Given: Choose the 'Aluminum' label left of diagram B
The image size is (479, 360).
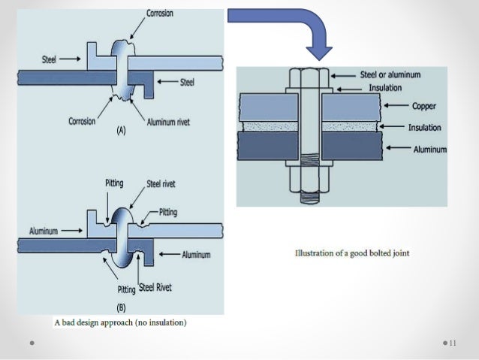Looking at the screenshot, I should pos(44,230).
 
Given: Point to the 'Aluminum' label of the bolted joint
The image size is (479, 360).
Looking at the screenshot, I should pos(430,149).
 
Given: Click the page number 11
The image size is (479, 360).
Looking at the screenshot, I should pos(453,343).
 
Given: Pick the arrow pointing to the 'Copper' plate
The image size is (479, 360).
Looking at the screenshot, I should pos(395,107).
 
